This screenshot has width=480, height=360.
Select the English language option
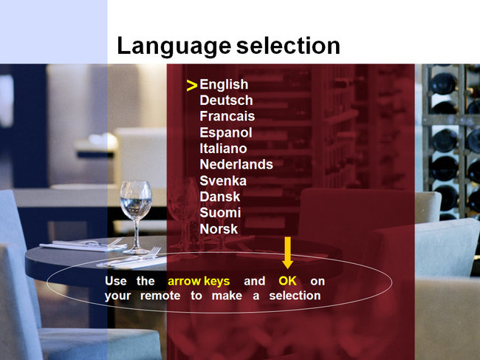click(224, 85)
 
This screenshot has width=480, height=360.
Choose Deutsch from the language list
click(226, 101)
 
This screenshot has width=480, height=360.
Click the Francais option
click(227, 116)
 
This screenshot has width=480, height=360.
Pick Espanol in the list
click(226, 132)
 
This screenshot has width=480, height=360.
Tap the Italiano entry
click(223, 149)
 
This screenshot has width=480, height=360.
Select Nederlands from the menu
click(236, 165)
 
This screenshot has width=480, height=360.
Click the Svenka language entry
click(223, 181)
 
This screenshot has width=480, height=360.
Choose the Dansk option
click(220, 197)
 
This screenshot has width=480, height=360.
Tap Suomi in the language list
click(220, 213)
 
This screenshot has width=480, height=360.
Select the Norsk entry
click(219, 229)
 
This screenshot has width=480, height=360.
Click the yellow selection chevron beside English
click(192, 86)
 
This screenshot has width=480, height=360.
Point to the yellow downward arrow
click(288, 253)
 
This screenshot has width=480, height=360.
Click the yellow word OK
click(287, 281)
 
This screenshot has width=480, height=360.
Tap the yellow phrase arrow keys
click(199, 281)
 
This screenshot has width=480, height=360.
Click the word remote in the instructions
click(160, 296)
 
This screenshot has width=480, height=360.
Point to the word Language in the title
click(174, 47)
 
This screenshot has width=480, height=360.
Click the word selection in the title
click(288, 46)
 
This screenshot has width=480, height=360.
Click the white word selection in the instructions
click(295, 296)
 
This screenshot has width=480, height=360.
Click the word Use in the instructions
click(116, 281)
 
